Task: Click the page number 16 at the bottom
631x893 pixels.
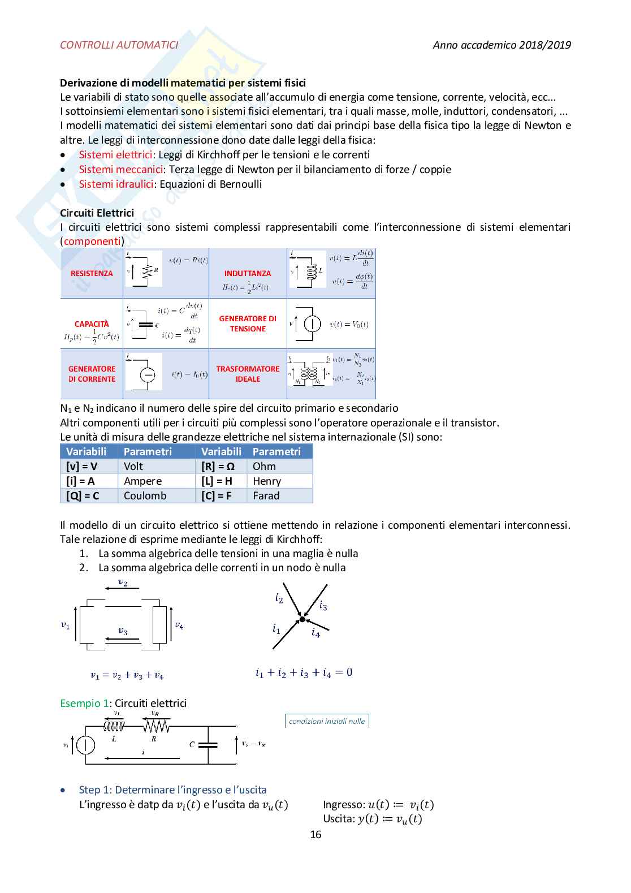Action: tap(315, 834)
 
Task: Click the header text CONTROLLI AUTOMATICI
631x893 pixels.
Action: tap(119, 45)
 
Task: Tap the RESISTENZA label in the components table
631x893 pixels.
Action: tap(92, 273)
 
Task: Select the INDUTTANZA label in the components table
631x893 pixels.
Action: tap(248, 273)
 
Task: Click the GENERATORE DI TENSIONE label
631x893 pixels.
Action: tap(248, 323)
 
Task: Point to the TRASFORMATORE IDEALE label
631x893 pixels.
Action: tap(248, 374)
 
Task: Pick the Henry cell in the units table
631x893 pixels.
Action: tap(267, 481)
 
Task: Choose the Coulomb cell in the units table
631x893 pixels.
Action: tap(145, 495)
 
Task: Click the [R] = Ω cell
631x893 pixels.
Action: tap(218, 466)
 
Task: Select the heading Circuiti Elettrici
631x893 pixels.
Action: tap(97, 213)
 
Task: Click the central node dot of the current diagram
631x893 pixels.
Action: tap(302, 619)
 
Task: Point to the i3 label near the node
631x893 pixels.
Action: tap(323, 606)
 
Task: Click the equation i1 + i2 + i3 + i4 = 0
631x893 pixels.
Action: tap(304, 672)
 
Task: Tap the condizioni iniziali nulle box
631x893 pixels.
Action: tap(327, 721)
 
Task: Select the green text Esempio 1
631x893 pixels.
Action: tap(84, 703)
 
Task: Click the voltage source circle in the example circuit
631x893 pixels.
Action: tap(86, 745)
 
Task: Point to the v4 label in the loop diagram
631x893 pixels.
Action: tap(179, 625)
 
